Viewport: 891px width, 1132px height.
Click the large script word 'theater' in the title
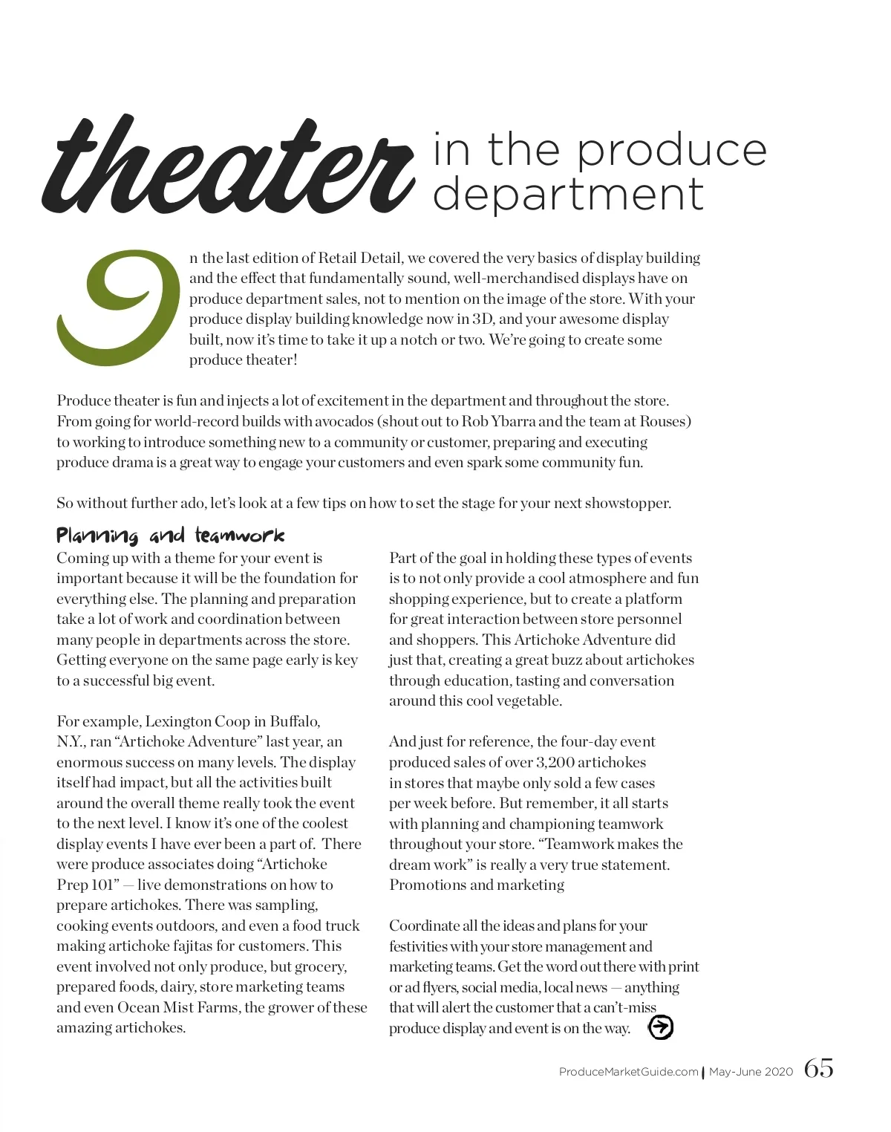(226, 167)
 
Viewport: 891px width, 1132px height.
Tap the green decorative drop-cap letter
(119, 308)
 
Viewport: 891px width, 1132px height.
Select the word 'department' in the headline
(568, 195)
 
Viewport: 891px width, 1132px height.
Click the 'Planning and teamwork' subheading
(170, 536)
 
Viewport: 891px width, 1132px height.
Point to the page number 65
(818, 1069)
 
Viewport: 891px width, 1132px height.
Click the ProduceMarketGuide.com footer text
(628, 1072)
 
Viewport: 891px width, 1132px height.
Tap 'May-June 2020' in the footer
(751, 1072)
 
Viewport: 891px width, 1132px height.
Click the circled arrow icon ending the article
(660, 1027)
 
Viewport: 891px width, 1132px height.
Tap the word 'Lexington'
(177, 721)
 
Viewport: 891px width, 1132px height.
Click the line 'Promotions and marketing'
(477, 885)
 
